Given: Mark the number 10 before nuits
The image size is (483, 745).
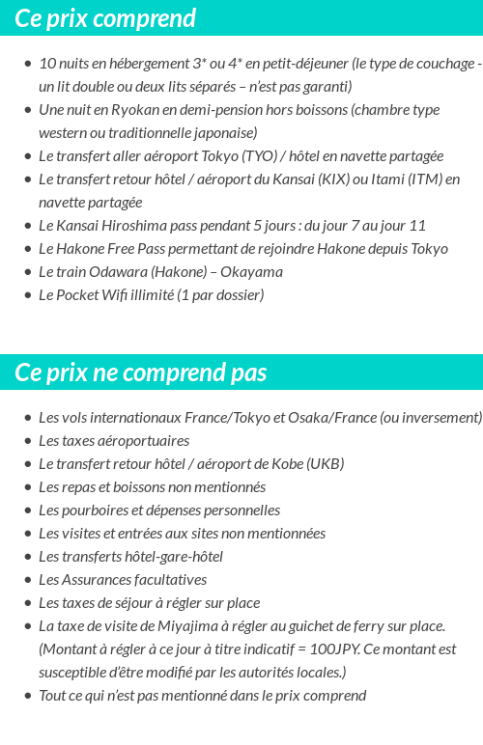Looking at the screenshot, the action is (47, 64).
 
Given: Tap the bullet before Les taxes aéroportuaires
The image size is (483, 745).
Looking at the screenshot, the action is (27, 441).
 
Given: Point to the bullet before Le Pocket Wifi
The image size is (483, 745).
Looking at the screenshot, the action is (27, 295).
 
